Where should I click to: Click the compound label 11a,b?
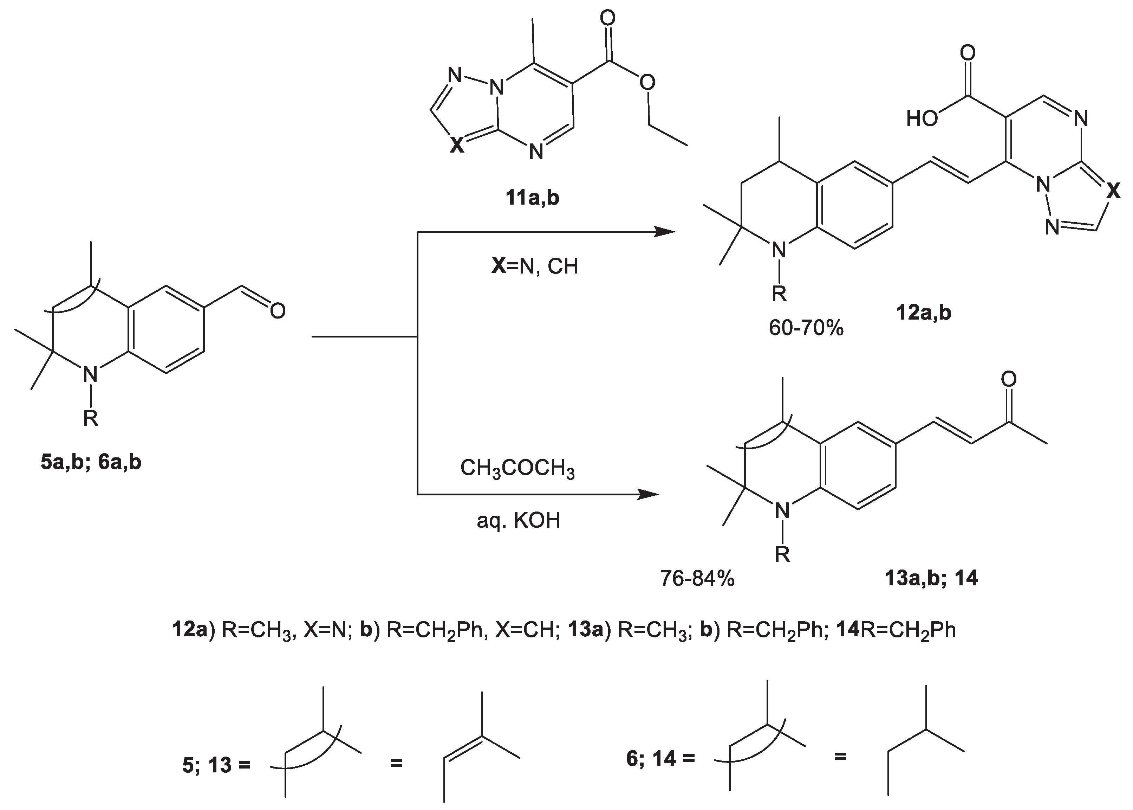pos(532,198)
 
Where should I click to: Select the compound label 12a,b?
pos(923,313)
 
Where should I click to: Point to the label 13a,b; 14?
pos(931,578)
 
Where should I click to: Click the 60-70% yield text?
pos(806,328)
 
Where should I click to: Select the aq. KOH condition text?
pos(519,521)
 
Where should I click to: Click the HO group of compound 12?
pos(922,119)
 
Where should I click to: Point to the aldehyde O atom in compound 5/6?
pos(278,311)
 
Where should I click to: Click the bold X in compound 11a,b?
pos(457,146)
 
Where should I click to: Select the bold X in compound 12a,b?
pos(1113,191)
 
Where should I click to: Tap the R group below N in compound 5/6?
pos(90,418)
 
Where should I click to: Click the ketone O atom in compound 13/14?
pos(1008,379)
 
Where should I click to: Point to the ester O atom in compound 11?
pos(647,83)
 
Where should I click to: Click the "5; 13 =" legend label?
pos(216,765)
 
